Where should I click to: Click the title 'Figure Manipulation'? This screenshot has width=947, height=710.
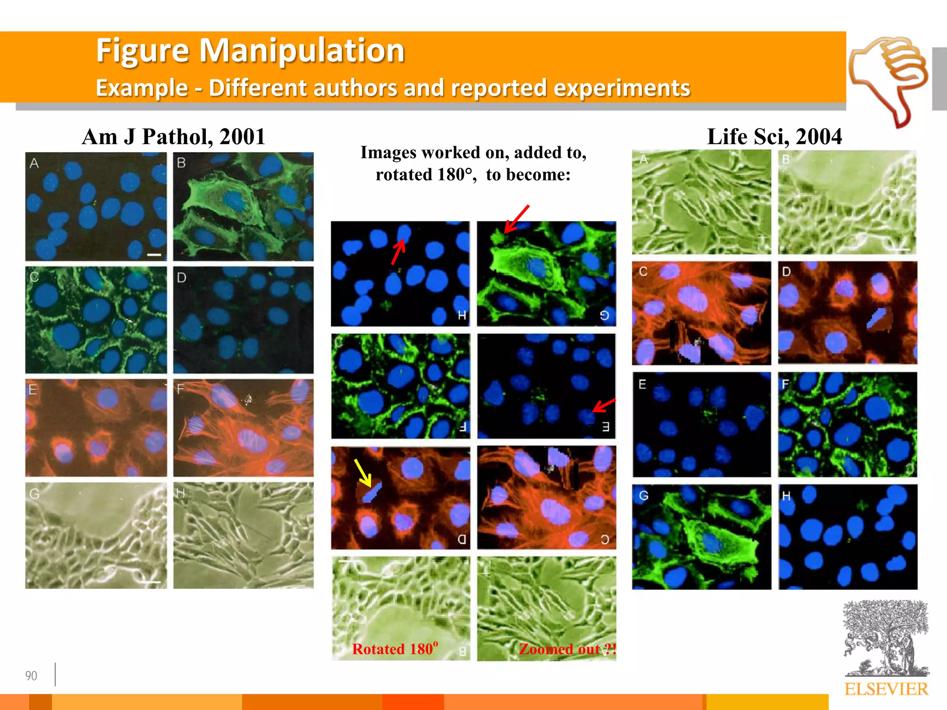250,50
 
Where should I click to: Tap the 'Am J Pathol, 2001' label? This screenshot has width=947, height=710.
173,137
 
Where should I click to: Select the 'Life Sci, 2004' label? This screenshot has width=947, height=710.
774,137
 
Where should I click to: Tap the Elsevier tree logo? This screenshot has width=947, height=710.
886,638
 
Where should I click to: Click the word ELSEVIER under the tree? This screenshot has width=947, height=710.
886,689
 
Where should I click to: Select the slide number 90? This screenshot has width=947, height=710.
31,676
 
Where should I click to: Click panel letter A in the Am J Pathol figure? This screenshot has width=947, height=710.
34,163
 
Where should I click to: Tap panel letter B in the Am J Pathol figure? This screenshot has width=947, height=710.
181,163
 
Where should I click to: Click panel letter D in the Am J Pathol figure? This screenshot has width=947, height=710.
181,278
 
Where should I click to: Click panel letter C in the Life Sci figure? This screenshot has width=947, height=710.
643,271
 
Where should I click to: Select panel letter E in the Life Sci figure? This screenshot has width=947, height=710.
642,384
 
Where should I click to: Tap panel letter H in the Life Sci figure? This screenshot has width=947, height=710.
786,496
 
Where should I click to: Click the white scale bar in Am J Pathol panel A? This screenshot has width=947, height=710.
154,255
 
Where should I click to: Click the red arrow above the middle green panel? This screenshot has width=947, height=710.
517,219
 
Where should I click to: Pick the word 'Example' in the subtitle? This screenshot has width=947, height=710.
141,88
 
